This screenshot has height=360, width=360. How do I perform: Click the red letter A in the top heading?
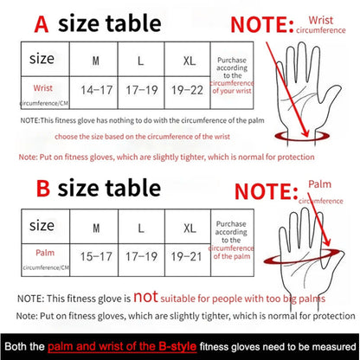coord(40,23)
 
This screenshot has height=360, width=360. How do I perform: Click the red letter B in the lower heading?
coord(40,188)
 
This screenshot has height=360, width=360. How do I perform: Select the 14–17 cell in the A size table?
coord(95,89)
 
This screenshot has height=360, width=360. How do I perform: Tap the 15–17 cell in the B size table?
coord(95,256)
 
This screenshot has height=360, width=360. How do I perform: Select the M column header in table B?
coord(95,227)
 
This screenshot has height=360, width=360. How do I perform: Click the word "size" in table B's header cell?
coord(42,226)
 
